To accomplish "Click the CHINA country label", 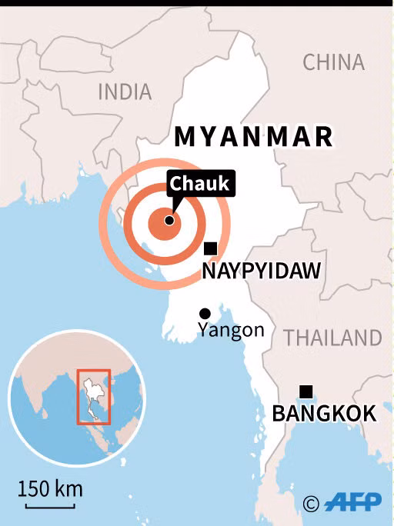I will pos(333,62).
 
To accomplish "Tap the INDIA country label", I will pos(125,92).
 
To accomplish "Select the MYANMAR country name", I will pos(253,137).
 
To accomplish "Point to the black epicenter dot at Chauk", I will pos(169,220).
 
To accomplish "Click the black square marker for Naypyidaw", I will pos(210,248).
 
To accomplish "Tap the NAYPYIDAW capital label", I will pos(261,271).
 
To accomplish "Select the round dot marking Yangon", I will pos(205,313).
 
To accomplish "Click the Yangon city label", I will pos(231,331).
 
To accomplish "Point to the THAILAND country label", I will pos(332,338).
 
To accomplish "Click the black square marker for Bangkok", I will pos(306,391).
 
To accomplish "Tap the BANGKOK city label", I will pos(324,414).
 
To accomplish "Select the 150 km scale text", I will pos(50,488).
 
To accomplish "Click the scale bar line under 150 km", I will pos(50,504).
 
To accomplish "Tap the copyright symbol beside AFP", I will pos(311,504).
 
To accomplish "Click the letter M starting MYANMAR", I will pos(185,137).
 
